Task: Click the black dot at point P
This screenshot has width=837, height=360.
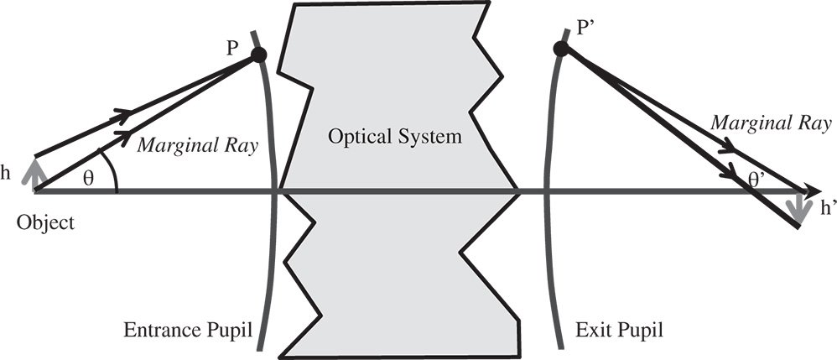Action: (258, 55)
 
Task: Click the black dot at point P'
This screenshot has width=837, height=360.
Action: (560, 49)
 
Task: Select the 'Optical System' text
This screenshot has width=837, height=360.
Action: (395, 137)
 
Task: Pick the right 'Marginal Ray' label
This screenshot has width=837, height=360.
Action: (772, 123)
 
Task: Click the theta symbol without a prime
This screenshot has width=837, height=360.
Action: (90, 179)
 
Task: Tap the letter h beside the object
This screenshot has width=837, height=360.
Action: (7, 175)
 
